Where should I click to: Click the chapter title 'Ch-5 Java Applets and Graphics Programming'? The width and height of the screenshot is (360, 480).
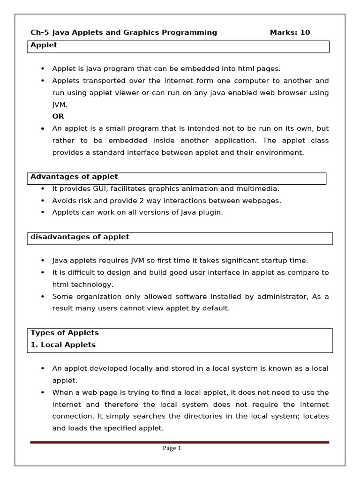[x=124, y=32]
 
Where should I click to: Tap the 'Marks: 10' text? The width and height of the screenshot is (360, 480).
[x=290, y=32]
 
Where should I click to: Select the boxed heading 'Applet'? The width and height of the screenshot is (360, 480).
[x=44, y=45]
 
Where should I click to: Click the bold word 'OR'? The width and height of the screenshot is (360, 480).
[x=58, y=116]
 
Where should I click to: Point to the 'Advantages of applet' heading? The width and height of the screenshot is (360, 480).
[x=74, y=177]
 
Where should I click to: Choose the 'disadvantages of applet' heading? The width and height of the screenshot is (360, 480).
[x=80, y=237]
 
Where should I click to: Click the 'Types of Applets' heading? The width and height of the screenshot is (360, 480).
[x=65, y=333]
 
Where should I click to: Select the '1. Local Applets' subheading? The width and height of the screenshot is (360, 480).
[x=63, y=345]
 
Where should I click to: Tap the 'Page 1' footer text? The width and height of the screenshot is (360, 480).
[x=172, y=448]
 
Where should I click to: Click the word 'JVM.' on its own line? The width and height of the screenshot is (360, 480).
[x=60, y=105]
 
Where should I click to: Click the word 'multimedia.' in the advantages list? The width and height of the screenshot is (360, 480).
[x=260, y=188]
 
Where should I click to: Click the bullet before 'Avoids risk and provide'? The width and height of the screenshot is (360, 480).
[x=43, y=201]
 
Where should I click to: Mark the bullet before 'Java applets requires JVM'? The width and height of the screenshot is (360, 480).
[x=43, y=261]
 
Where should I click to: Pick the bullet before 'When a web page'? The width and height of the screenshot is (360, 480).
[x=43, y=392]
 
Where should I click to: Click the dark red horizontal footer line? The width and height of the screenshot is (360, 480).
[x=180, y=442]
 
